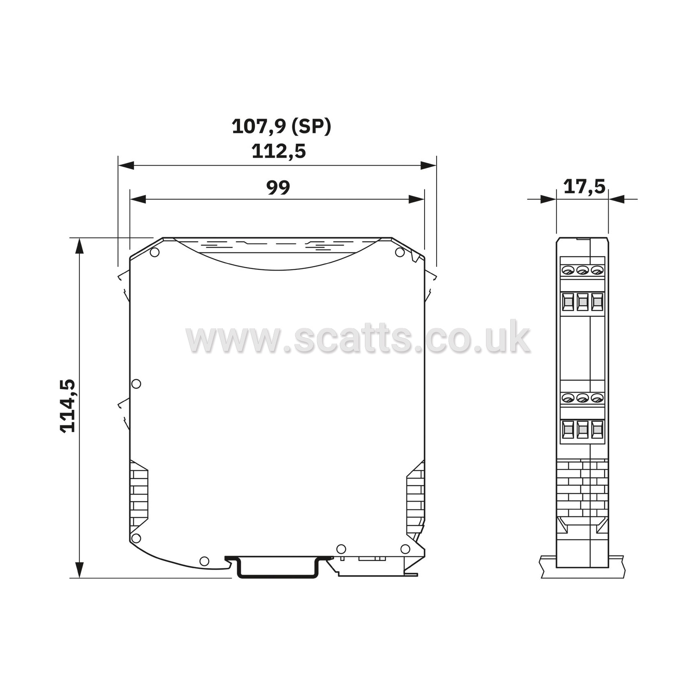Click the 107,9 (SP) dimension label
click(282, 126)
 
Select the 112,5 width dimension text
click(279, 151)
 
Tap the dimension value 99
click(278, 187)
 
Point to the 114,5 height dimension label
click(68, 406)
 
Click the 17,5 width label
click(584, 187)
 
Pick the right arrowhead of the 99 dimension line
click(416, 199)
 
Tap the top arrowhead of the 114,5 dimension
click(79, 246)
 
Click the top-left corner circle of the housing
click(154, 252)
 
